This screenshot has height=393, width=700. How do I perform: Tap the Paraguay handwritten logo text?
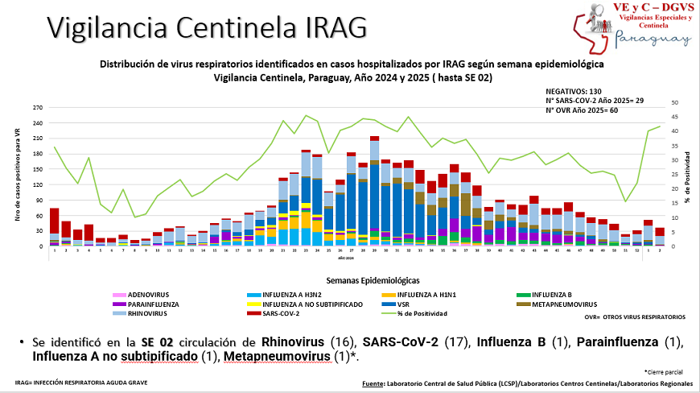(x=651, y=39)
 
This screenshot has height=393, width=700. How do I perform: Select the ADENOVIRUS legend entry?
(x=148, y=296)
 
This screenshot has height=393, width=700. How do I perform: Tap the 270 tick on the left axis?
(x=37, y=108)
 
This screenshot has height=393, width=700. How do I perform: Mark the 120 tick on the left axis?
(x=37, y=184)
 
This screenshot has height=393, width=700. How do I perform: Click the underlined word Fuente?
(x=373, y=384)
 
